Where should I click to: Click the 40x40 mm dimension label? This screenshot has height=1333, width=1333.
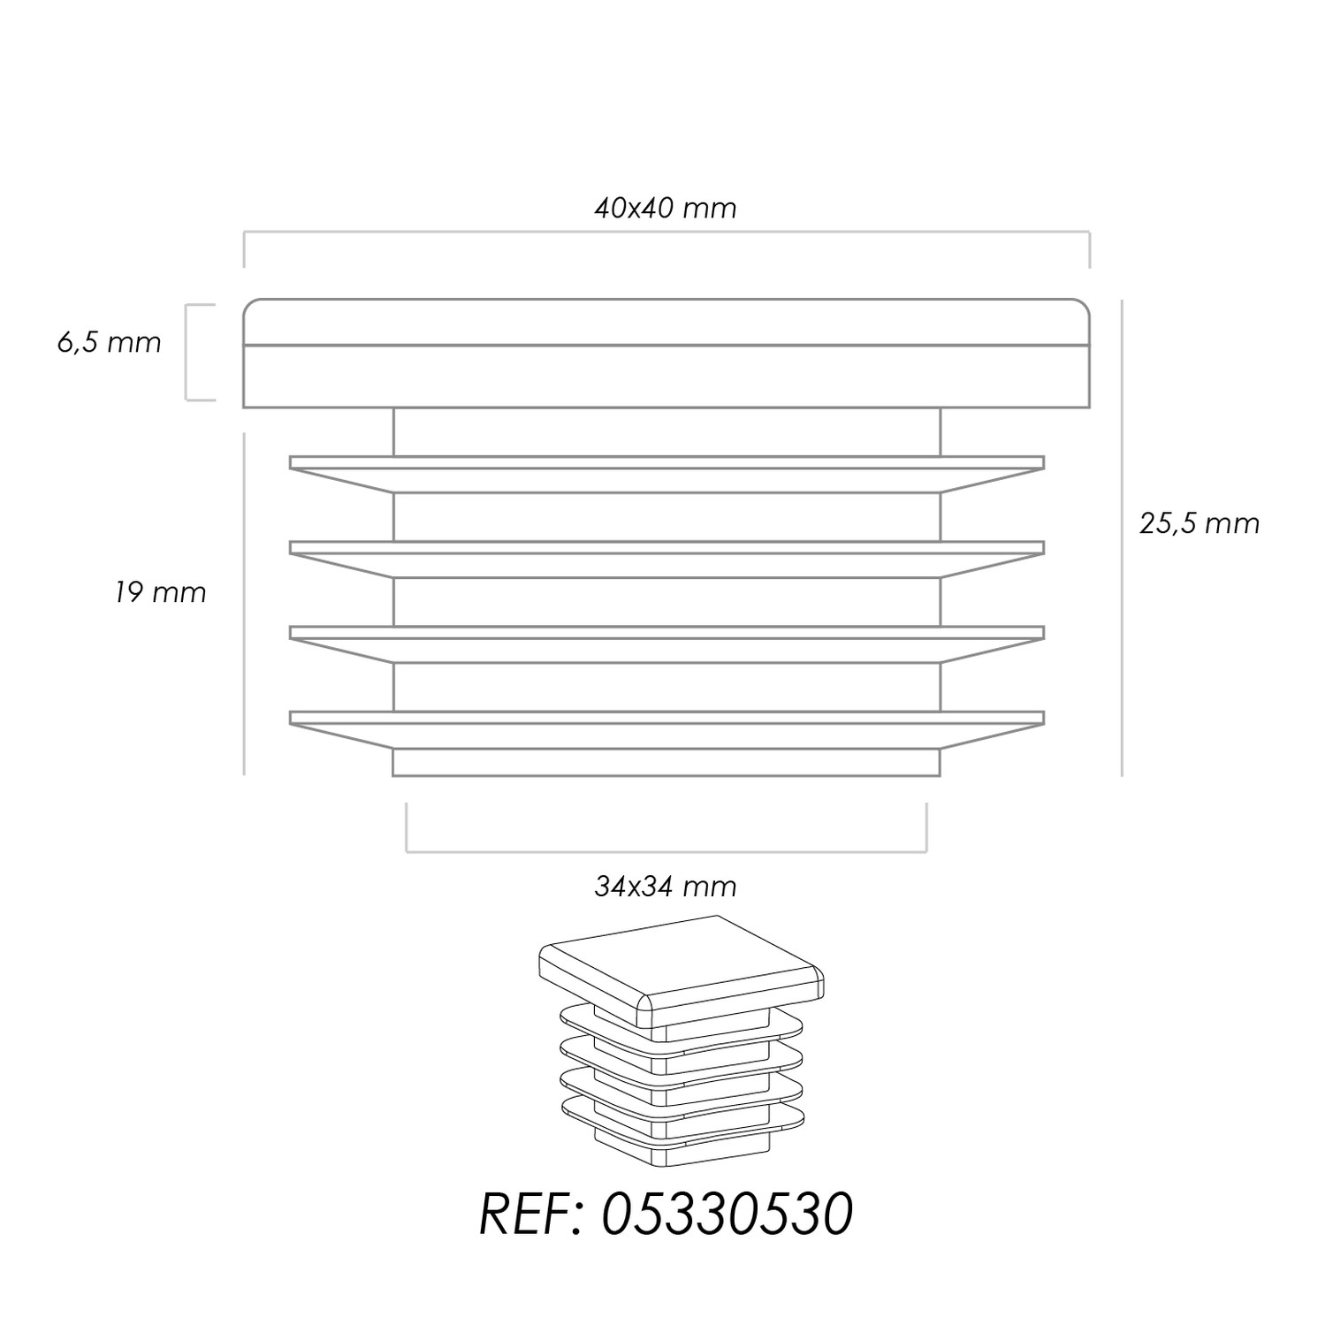[665, 208]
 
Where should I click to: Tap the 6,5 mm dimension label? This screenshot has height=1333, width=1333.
[110, 343]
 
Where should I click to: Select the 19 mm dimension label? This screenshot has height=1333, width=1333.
[160, 592]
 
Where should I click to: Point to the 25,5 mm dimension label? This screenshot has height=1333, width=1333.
[1199, 523]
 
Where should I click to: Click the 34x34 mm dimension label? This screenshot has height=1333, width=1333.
[665, 886]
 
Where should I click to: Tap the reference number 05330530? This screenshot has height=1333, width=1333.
[727, 1215]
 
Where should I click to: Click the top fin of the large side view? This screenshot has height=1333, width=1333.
[666, 474]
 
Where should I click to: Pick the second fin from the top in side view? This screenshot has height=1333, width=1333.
[666, 559]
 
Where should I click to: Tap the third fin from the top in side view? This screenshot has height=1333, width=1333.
[666, 644]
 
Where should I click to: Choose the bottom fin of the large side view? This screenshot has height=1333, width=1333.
[666, 729]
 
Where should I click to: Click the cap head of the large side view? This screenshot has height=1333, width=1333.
[666, 354]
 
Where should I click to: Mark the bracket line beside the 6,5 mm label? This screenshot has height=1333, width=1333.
[187, 353]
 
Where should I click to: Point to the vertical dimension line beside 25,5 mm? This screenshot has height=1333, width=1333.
[1122, 537]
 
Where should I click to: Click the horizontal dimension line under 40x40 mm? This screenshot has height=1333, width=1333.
[666, 232]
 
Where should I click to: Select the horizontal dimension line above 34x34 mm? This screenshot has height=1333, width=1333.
[666, 852]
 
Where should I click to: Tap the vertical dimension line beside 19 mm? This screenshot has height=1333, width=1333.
[244, 604]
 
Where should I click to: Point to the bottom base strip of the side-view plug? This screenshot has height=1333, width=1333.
[666, 763]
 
